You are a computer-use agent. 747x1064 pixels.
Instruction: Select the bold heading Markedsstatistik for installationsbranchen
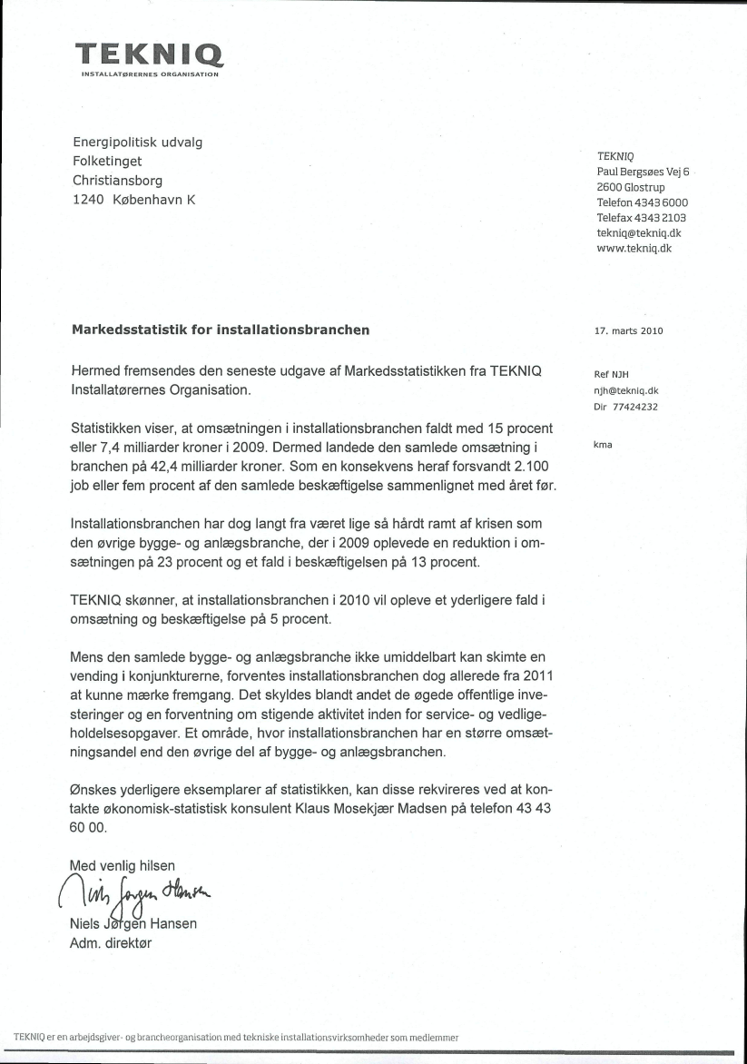point(220,330)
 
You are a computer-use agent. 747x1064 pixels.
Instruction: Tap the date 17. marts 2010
point(628,330)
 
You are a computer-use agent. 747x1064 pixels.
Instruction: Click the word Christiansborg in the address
point(117,181)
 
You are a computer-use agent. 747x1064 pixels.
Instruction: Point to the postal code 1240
point(88,200)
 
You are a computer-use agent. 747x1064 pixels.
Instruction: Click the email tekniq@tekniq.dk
point(639,233)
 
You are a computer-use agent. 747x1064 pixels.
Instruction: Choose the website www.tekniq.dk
point(634,248)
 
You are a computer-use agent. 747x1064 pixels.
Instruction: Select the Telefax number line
point(641,218)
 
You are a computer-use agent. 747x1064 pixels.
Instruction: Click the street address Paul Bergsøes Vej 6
point(644,172)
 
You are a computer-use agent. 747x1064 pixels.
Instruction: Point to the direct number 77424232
point(639,407)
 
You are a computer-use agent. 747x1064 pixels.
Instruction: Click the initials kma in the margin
point(603,444)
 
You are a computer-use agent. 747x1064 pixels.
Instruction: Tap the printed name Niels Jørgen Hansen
point(133,924)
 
